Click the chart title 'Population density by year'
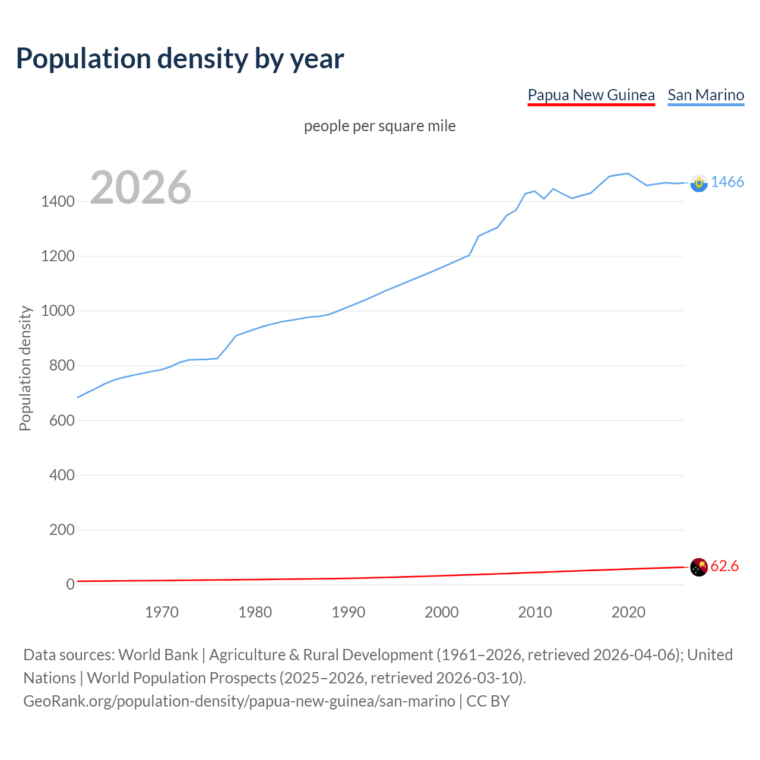(180, 59)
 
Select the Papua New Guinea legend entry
(591, 95)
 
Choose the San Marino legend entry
(705, 95)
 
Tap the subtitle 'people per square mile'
(379, 126)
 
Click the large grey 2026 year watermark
(141, 188)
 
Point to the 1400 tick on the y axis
(58, 201)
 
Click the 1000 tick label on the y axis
(58, 311)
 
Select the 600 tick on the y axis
(62, 420)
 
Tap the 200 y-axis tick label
(62, 530)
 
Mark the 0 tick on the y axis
(70, 584)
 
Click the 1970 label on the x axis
(161, 612)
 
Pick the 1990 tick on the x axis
(349, 612)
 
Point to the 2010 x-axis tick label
(535, 612)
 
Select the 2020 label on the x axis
(628, 612)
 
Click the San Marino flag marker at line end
(699, 183)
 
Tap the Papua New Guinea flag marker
(699, 567)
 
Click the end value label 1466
(727, 182)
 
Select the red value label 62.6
(724, 566)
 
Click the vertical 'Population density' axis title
(25, 368)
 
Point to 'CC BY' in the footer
(487, 701)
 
